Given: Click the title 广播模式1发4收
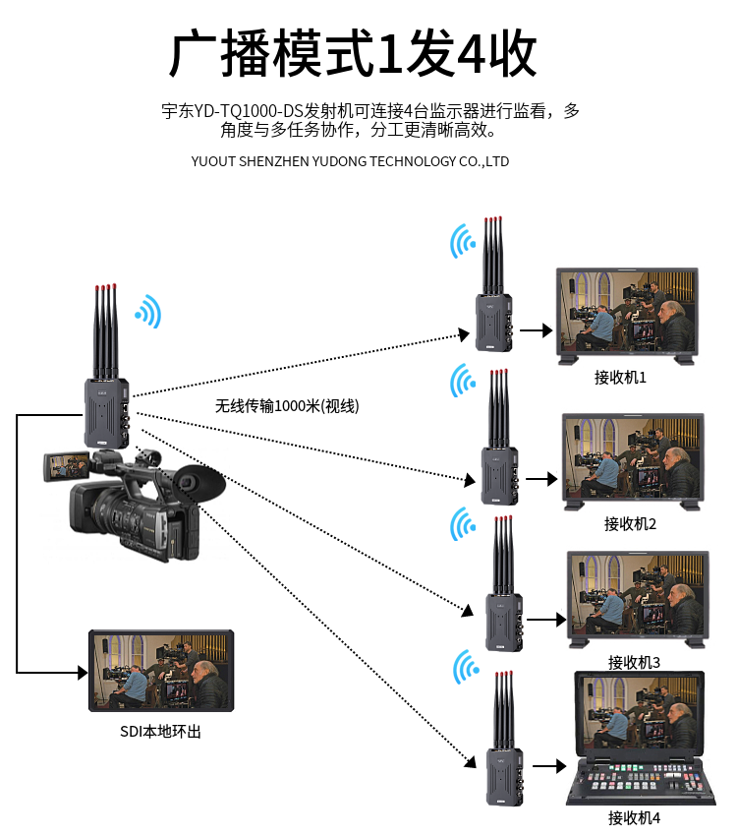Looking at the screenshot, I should coord(354,54).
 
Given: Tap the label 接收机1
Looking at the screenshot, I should coord(620,378).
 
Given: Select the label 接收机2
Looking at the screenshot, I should coord(630,523).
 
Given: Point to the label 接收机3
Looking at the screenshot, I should coord(634,662).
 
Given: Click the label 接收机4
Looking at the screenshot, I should coord(634,817).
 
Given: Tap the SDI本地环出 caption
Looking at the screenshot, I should coord(161,731).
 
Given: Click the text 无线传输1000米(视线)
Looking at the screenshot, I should coord(288,405).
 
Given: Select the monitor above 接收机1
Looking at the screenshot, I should coord(627,314).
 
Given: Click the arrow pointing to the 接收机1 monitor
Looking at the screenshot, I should coord(536,330).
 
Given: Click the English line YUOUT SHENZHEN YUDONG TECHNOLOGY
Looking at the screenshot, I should coord(350,161).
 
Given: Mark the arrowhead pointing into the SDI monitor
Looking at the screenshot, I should coord(82,673).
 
